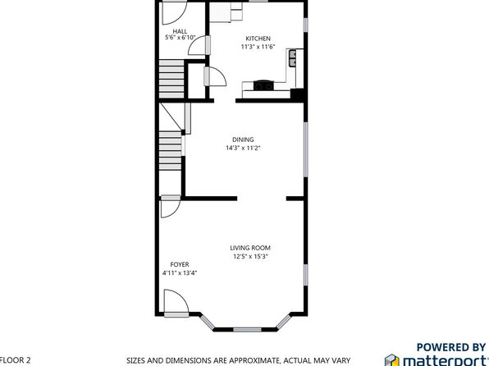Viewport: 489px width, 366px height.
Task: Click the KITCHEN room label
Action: tap(258, 39)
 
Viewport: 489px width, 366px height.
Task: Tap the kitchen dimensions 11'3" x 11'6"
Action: tap(258, 47)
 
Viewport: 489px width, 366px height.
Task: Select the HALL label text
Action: tap(180, 31)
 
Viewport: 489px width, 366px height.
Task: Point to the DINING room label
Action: tap(243, 140)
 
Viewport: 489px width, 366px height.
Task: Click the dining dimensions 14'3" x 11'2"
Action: tap(243, 148)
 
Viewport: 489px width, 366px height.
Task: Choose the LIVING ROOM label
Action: tap(250, 248)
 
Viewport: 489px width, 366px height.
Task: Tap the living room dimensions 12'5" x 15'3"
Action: tap(250, 257)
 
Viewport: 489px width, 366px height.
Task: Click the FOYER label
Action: tap(180, 264)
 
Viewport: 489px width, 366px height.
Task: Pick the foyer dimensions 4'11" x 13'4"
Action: tap(180, 273)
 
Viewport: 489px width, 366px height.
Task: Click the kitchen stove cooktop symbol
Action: tap(264, 85)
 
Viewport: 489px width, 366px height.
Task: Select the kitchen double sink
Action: tap(293, 58)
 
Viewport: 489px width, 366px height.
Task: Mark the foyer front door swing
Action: tap(176, 301)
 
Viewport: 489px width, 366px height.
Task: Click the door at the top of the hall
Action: tap(175, 13)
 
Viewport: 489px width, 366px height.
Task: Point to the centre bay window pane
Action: tap(247, 330)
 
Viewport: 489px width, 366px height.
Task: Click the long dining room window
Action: tap(306, 149)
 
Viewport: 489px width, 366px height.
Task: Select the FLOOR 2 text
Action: tap(15, 360)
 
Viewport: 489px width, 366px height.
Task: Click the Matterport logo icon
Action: tap(392, 359)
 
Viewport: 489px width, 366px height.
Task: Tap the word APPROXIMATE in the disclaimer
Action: tap(263, 360)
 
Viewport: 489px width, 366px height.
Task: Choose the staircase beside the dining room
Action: tap(171, 150)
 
